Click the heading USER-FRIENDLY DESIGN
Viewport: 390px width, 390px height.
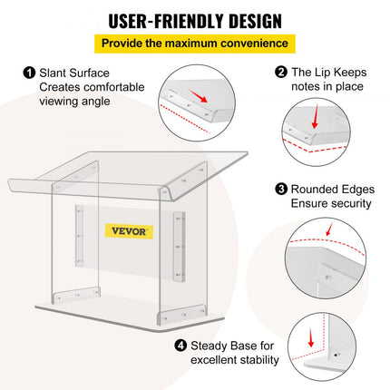coord(194,20)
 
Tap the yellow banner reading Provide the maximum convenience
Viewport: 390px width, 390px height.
coord(194,43)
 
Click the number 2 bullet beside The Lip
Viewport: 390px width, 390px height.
coord(282,71)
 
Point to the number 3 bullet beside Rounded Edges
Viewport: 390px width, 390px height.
coord(282,189)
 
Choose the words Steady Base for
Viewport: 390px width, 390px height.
coord(231,345)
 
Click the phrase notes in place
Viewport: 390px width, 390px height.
coord(327,86)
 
